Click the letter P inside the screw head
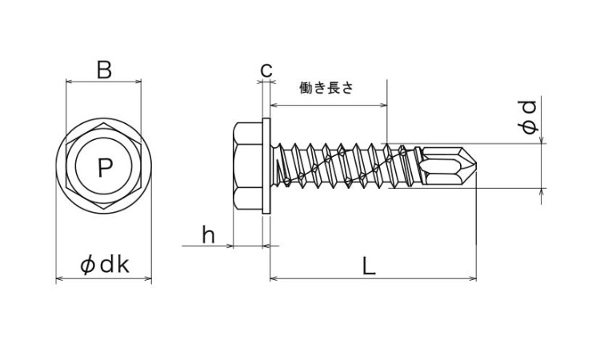(x=104, y=167)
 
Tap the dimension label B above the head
(x=103, y=70)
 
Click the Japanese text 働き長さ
(x=326, y=89)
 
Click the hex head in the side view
(x=246, y=167)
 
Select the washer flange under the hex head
(x=267, y=167)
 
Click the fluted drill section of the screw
(x=444, y=166)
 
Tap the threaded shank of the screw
(x=344, y=166)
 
